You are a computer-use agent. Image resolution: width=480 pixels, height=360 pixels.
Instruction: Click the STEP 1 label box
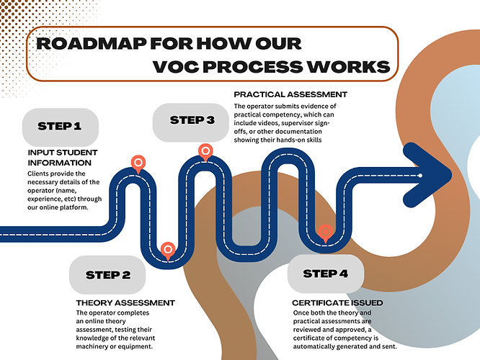click(59, 126)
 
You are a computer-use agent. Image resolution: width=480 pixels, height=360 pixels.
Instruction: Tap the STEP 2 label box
click(108, 274)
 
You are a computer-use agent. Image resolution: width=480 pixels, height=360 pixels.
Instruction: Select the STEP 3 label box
click(192, 120)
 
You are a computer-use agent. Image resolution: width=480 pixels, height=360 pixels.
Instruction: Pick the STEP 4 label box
click(326, 273)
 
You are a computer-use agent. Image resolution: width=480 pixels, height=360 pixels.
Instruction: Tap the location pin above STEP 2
click(167, 249)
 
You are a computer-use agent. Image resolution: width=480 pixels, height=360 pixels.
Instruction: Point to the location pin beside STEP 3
click(205, 151)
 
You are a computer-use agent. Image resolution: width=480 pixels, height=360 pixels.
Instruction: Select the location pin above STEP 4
click(326, 232)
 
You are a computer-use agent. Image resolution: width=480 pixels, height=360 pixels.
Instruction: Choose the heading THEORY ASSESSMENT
click(125, 302)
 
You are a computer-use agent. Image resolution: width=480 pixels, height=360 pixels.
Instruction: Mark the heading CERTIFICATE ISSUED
click(337, 302)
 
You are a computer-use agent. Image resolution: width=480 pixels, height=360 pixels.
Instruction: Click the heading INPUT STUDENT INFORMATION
click(63, 158)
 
